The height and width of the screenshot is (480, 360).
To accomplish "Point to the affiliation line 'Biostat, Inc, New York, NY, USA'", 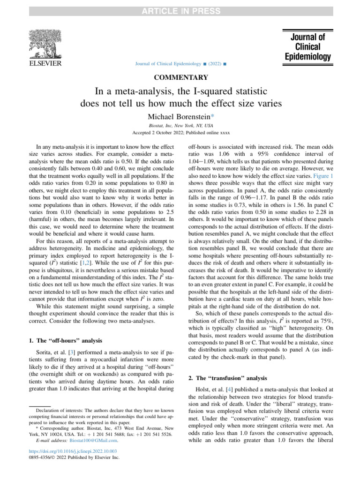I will tap(180, 126).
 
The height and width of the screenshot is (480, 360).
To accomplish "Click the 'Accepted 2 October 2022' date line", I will tap(180, 133).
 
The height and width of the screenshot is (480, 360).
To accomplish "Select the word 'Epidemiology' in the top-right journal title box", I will tap(307, 57).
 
